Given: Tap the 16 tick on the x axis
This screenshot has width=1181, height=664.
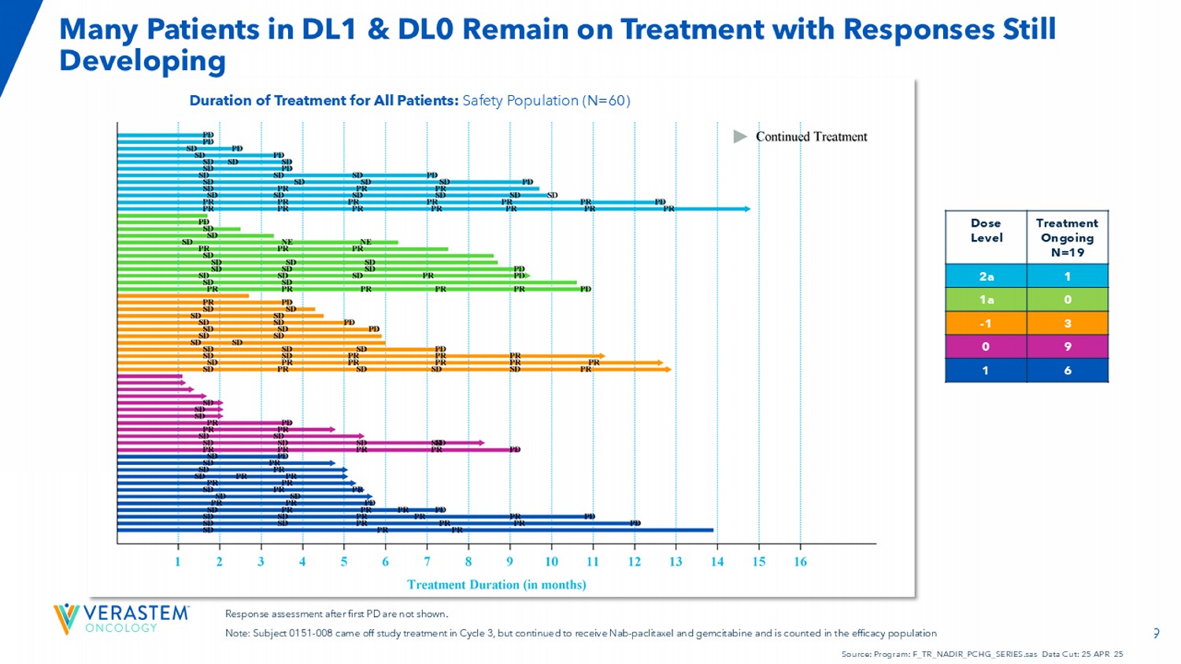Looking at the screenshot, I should point(800,562).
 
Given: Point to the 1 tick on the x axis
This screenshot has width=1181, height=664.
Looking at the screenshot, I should point(178,562).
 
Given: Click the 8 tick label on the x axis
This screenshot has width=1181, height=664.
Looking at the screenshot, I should point(468,562).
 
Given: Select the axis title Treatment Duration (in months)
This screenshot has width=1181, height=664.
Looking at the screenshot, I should point(496,585).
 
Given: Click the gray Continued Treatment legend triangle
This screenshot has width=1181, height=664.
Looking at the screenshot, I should point(740,137).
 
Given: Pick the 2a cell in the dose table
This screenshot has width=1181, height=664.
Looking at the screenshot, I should point(986,276).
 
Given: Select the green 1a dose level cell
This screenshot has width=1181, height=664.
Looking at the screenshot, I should point(986,300).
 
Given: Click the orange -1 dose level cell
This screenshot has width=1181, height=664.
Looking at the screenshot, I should point(986,323).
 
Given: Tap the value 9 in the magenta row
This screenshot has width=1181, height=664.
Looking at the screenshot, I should point(1068,347).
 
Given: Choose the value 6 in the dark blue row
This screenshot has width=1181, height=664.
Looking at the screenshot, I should point(1068,371).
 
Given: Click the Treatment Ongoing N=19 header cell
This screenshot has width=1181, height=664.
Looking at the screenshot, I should point(1068,238).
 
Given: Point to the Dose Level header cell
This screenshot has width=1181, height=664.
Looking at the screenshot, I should point(986,231).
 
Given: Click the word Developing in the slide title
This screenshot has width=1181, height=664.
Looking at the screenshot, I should point(143,61).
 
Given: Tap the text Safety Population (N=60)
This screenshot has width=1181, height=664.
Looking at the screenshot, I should point(546,101).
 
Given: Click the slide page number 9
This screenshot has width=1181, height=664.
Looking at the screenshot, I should point(1156,633).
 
